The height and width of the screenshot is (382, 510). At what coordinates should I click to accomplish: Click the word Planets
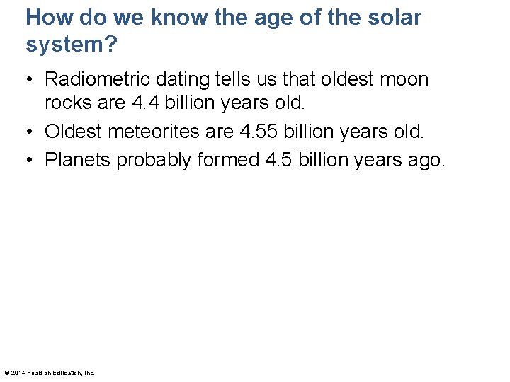tap(78, 160)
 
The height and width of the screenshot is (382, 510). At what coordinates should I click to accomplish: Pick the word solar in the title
tap(395, 18)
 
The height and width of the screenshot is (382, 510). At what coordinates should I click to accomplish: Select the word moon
tap(402, 79)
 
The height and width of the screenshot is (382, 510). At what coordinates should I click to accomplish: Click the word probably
tap(154, 160)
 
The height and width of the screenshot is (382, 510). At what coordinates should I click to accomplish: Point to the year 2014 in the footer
tap(18, 373)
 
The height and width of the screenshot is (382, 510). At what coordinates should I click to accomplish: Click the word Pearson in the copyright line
tap(39, 373)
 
